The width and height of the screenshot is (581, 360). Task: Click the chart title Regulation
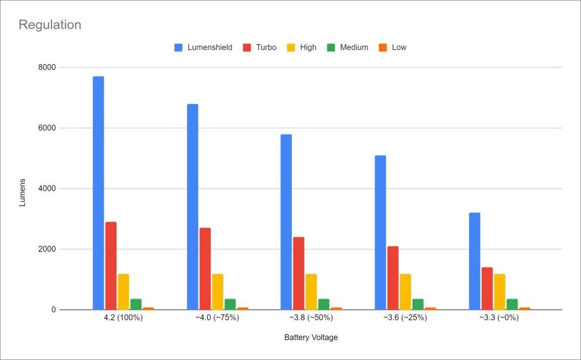tap(50, 25)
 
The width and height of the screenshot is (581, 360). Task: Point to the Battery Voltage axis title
tap(311, 338)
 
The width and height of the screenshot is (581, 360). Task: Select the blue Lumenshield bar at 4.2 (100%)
tap(98, 193)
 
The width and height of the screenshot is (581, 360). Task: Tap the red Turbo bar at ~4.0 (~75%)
tap(205, 269)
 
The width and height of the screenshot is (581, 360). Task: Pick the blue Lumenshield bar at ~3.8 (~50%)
tap(286, 222)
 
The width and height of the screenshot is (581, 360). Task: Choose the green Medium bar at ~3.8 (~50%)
tap(323, 304)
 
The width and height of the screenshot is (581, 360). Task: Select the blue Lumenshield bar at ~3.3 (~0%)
tap(474, 261)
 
